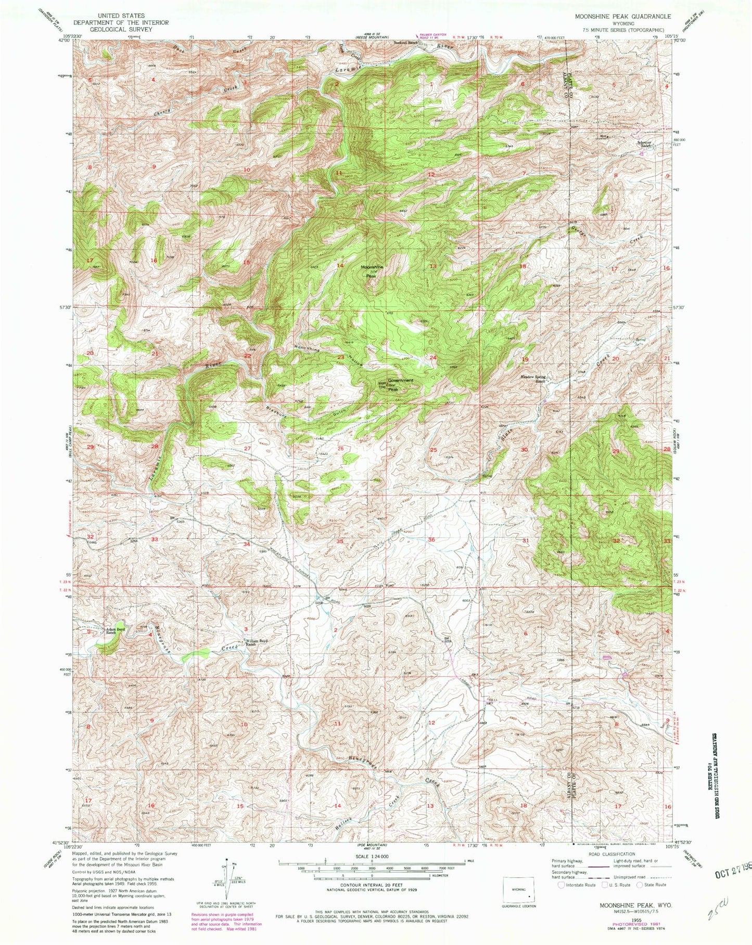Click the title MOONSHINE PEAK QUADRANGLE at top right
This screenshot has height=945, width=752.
622,17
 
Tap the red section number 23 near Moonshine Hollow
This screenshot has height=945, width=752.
341,358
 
